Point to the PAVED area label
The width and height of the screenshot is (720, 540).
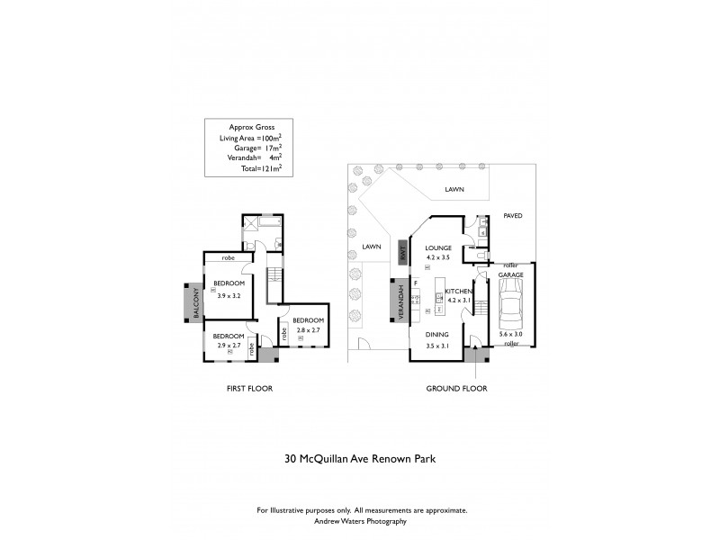[512, 216]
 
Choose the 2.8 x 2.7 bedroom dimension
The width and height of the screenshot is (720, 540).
[307, 331]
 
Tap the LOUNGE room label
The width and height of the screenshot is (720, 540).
[438, 247]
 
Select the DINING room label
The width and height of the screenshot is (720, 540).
[437, 334]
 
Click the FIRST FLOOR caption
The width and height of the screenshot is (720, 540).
[248, 389]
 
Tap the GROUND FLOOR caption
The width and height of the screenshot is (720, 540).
[456, 389]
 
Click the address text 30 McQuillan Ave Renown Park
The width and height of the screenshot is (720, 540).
[359, 457]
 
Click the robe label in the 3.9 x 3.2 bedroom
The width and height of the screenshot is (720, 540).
[229, 258]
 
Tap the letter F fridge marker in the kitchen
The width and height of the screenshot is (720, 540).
[416, 283]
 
